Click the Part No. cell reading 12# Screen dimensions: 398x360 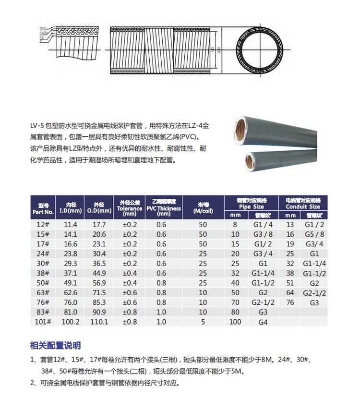[x=43, y=224]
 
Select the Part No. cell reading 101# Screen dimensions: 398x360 [x=43, y=322]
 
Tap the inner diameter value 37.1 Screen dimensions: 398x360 [x=71, y=273]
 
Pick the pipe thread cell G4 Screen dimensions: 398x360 [x=263, y=322]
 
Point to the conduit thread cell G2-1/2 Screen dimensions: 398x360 [x=314, y=292]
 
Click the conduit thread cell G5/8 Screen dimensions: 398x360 [x=314, y=234]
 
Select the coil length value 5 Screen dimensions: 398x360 [x=203, y=322]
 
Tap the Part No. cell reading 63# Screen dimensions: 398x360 [x=43, y=292]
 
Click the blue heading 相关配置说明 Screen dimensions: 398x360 [x=55, y=345]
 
